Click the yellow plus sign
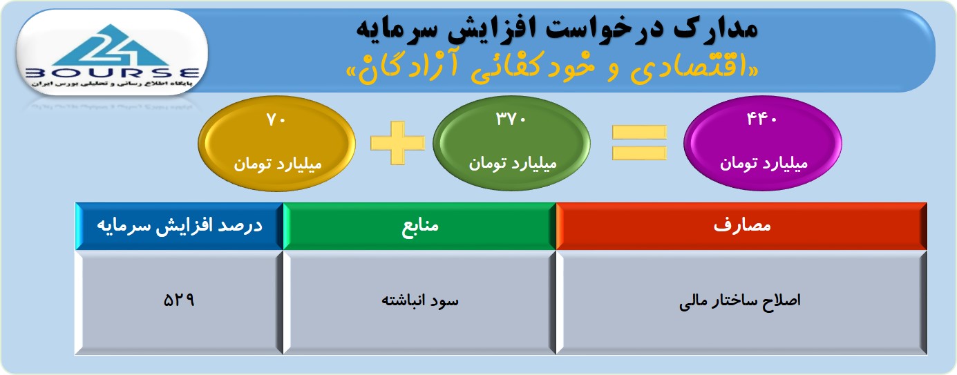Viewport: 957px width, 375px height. [x=397, y=143]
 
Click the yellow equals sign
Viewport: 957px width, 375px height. [x=639, y=143]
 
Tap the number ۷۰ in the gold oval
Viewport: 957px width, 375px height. [x=276, y=119]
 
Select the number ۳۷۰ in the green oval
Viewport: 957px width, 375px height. [x=511, y=119]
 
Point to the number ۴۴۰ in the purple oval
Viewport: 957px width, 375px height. [x=761, y=119]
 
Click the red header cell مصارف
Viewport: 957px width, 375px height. [x=741, y=227]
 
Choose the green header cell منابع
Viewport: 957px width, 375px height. [x=419, y=227]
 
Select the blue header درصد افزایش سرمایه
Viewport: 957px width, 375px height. [x=180, y=227]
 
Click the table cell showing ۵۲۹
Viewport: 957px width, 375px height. [x=180, y=302]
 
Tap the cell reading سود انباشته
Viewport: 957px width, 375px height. [x=419, y=302]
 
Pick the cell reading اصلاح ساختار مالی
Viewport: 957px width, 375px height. [x=741, y=302]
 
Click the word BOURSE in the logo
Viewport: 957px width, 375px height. [x=112, y=73]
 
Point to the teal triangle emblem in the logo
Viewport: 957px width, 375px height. [x=112, y=46]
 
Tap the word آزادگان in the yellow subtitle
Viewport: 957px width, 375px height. [x=402, y=68]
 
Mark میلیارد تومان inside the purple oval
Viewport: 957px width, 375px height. [x=764, y=164]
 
